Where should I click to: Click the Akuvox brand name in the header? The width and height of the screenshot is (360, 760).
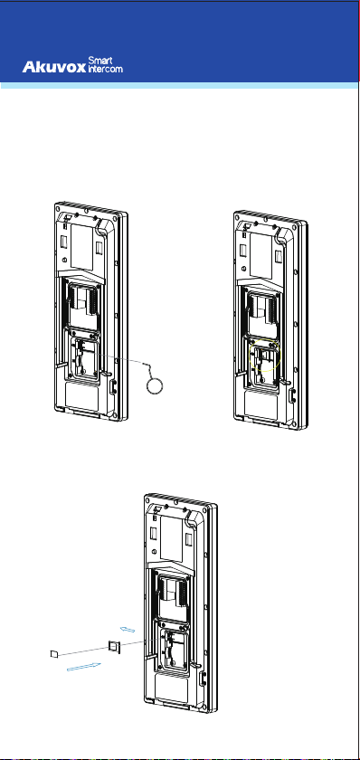click(x=53, y=67)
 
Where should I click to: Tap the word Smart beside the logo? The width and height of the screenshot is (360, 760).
click(x=100, y=61)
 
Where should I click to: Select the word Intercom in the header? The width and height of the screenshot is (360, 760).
click(x=105, y=69)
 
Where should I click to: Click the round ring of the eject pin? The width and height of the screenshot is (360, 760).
click(x=155, y=386)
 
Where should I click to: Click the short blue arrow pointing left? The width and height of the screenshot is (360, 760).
click(x=127, y=629)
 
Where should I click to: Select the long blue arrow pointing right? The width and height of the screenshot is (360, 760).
click(x=83, y=667)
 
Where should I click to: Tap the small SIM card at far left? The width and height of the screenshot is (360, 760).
click(x=54, y=654)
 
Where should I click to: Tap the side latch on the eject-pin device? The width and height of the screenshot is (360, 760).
click(x=113, y=387)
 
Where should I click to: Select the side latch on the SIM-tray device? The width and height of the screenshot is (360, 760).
click(x=203, y=679)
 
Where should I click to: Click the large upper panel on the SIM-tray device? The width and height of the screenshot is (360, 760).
click(x=172, y=538)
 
